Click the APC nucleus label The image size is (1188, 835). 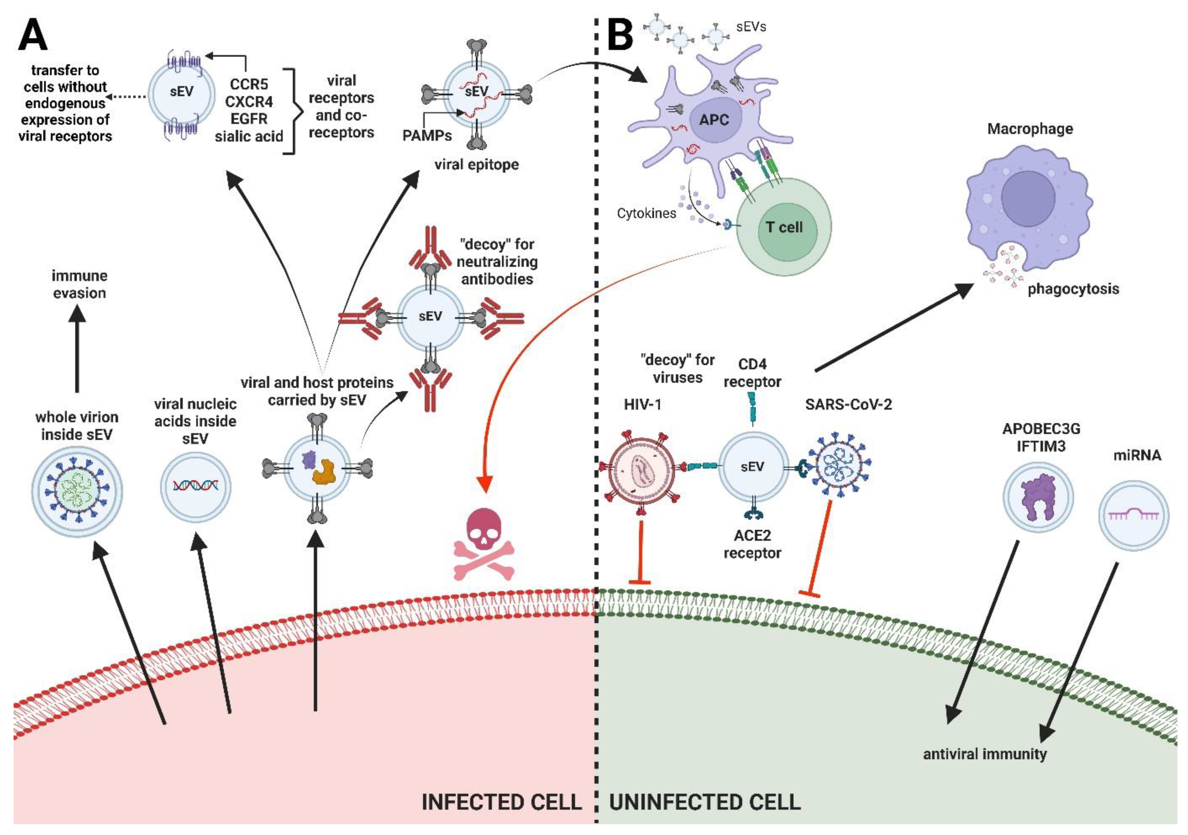click(714, 120)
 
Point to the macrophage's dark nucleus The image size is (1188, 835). click(1028, 198)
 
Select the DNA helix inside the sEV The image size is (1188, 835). click(196, 486)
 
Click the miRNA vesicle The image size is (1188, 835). click(1133, 515)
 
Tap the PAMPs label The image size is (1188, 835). click(427, 136)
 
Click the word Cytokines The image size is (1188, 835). click(646, 213)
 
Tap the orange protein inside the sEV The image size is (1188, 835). click(324, 471)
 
